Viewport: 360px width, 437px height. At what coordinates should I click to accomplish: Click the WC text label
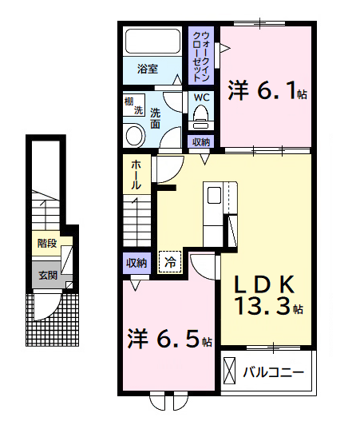coord(201,98)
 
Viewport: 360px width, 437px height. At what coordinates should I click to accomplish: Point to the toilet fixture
coord(200,118)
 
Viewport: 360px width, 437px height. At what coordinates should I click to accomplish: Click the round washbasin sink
coord(133,135)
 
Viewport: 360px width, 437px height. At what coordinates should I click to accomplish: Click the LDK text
coord(265,284)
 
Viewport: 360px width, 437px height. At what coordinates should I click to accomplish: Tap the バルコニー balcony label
coord(273,372)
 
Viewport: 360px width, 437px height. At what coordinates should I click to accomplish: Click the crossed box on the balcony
coord(231,372)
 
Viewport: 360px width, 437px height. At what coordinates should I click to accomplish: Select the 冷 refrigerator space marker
coord(170,261)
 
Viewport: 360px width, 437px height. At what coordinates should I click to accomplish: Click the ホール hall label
coord(136,174)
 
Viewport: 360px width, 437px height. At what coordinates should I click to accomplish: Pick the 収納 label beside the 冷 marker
coord(136,262)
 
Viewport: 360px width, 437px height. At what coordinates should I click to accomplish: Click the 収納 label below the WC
coord(201,142)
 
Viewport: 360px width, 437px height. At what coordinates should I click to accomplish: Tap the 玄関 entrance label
coord(47,276)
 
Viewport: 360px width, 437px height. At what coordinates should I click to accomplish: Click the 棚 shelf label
coord(129,101)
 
